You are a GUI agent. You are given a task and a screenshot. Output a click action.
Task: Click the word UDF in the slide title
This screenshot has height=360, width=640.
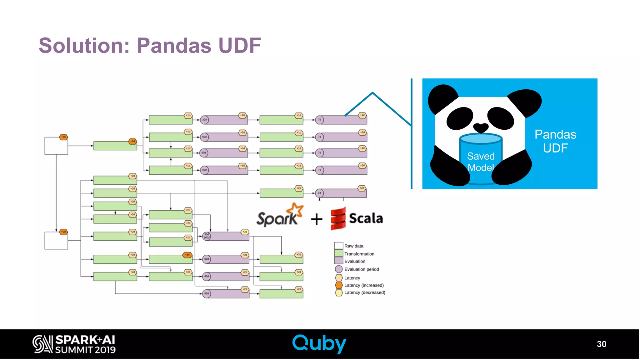click(239, 46)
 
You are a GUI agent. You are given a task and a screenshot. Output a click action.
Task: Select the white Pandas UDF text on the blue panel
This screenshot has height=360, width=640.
click(555, 141)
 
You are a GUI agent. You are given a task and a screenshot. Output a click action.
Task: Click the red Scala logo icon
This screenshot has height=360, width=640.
click(338, 219)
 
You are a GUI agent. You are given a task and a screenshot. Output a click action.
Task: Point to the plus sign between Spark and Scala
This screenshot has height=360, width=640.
click(317, 219)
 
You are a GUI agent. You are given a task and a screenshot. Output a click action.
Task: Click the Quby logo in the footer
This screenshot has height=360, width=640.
click(319, 344)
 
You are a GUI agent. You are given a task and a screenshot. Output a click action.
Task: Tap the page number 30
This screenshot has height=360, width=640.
click(601, 344)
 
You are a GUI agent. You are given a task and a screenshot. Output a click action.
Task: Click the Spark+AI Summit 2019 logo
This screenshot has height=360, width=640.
click(74, 344)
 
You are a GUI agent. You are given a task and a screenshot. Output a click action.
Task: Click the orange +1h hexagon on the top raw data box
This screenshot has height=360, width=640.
click(63, 137)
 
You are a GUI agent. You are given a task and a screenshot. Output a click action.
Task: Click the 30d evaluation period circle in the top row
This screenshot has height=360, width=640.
click(204, 120)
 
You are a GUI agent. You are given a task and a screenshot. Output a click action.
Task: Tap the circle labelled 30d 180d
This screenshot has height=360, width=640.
click(207, 236)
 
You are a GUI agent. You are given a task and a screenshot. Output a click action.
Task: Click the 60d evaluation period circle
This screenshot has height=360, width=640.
click(207, 259)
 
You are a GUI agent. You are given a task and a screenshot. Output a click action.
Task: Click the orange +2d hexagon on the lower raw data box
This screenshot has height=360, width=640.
click(63, 232)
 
